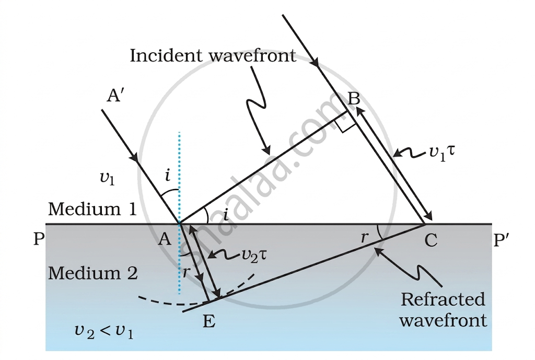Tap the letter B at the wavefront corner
(354, 99)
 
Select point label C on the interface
(431, 240)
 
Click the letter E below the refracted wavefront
(209, 321)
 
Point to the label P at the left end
(39, 239)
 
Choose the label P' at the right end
(502, 239)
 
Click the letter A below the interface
(165, 239)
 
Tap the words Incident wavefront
(213, 55)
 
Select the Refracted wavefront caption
(443, 309)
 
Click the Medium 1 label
(92, 209)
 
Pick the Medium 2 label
(93, 273)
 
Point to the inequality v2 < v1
(104, 331)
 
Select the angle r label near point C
(365, 237)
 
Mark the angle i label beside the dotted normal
(168, 176)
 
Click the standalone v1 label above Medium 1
(107, 178)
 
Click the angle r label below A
(186, 272)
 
